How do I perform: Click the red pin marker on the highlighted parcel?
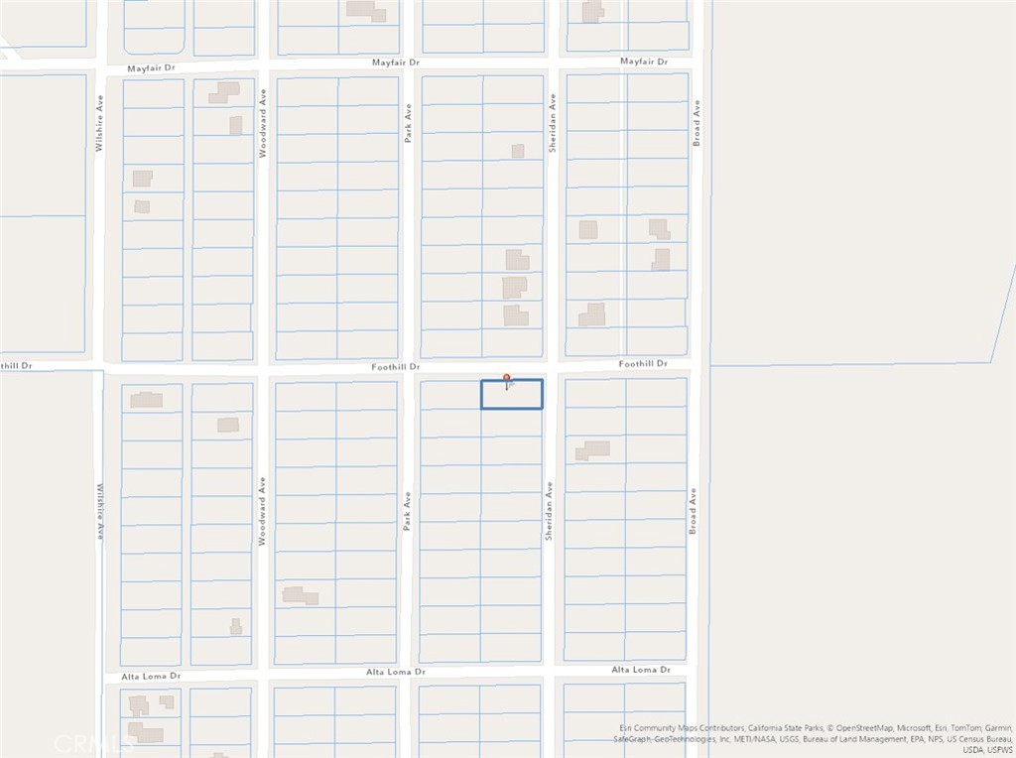pos(507,378)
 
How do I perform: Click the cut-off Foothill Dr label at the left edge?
pos(16,365)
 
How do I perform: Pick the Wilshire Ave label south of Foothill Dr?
pos(100,510)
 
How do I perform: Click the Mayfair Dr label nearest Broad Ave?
pos(644,62)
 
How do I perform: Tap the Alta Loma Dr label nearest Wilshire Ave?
pos(151,677)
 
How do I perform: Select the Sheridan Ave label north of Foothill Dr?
pos(553,123)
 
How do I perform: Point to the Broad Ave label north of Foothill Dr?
pos(697,123)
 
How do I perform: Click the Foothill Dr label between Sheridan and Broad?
pos(643,364)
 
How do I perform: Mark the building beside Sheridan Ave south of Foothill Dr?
pos(592,450)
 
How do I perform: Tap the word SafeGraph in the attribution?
pos(634,739)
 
